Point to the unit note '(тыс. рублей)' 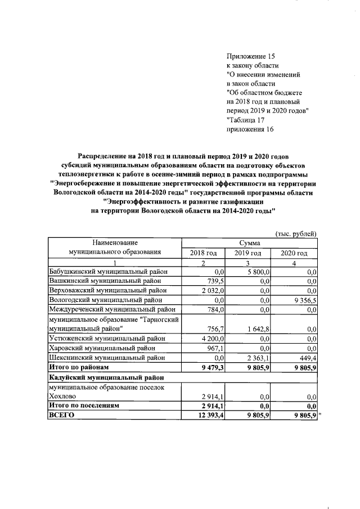click(x=296, y=233)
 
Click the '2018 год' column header click(x=204, y=253)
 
